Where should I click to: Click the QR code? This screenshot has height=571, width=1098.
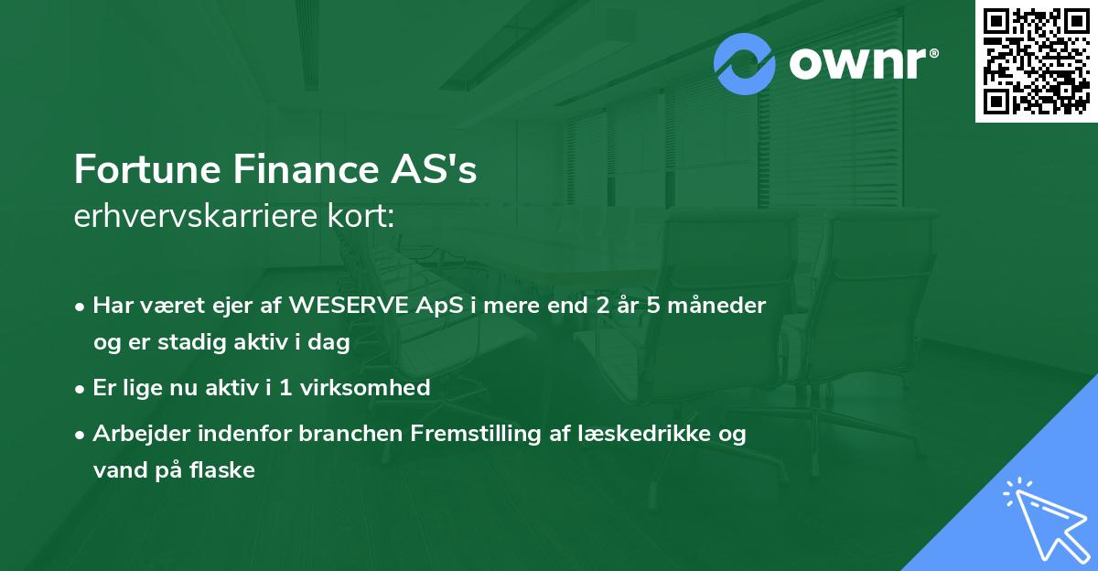pos(1037,60)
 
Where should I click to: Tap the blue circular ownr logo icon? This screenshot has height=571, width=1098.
pos(745,63)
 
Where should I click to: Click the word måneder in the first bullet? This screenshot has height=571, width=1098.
pos(720,305)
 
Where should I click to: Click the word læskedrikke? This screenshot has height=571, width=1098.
pos(657,433)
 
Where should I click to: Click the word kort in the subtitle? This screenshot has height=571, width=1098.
pos(369,217)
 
